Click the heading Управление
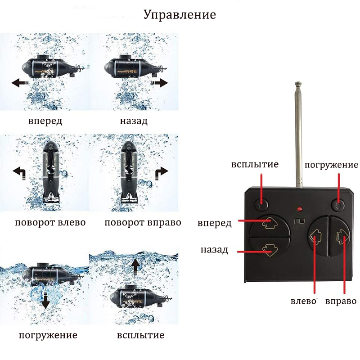point(180,15)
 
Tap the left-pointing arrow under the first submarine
point(20,83)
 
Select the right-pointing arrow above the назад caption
point(160,83)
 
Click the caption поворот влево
point(50,222)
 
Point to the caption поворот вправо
point(143,222)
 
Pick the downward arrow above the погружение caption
point(46,299)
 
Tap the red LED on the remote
point(299,209)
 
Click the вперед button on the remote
point(270,226)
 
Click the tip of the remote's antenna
point(298,83)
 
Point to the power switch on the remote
point(299,221)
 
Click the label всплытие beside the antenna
point(255,164)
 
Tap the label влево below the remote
point(303,301)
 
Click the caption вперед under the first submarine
point(45,121)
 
